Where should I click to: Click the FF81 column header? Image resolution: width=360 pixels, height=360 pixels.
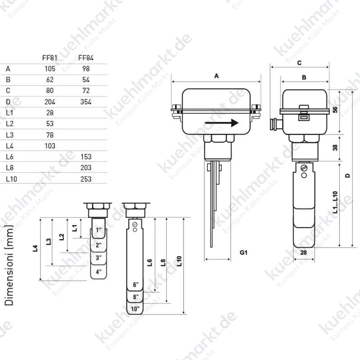(x=49, y=58)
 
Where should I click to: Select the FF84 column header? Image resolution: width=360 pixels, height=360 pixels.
(x=86, y=58)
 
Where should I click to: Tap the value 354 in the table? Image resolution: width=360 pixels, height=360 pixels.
(x=86, y=102)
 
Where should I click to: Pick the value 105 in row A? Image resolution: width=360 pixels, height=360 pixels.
(x=50, y=69)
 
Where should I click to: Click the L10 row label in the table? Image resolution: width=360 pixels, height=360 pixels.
(x=12, y=179)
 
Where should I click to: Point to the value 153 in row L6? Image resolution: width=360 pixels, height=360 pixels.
(x=86, y=157)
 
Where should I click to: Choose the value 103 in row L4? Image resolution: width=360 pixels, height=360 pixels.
(x=50, y=146)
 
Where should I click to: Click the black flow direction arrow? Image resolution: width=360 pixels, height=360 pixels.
(x=221, y=123)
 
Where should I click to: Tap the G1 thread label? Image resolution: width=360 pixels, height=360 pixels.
(x=243, y=252)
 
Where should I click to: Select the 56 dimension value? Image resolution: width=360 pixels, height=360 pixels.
(x=335, y=110)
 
